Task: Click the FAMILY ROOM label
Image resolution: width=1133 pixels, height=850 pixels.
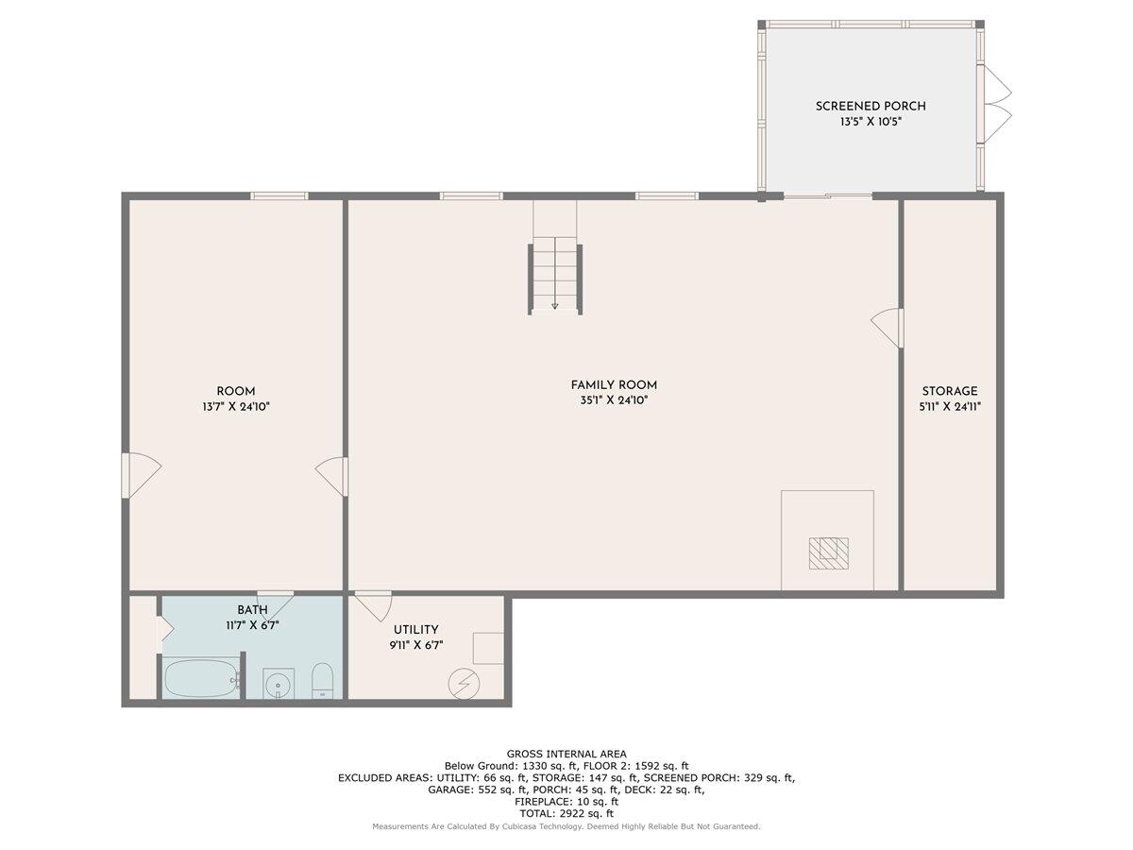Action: [614, 384]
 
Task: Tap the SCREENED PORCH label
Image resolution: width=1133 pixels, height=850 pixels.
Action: [871, 106]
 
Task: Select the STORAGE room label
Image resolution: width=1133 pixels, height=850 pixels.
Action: [950, 391]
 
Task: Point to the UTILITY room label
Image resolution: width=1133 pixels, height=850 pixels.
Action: [415, 630]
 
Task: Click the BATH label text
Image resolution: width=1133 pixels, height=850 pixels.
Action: [252, 610]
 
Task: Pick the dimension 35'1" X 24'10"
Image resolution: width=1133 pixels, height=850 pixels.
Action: [614, 400]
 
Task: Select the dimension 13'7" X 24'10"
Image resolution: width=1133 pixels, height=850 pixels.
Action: [236, 407]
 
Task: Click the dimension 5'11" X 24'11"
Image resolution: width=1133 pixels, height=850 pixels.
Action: [950, 407]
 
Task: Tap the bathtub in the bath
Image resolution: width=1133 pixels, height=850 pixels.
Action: [201, 678]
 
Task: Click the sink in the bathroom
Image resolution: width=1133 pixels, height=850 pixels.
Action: [278, 684]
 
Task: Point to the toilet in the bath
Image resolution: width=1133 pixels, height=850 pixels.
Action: [323, 680]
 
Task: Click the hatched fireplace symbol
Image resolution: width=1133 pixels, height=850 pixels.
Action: [828, 552]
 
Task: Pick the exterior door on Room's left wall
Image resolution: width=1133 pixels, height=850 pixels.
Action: [139, 475]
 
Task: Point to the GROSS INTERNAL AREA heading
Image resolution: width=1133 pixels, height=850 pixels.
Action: [566, 754]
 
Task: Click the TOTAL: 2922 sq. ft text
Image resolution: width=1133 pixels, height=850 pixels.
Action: [566, 813]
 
